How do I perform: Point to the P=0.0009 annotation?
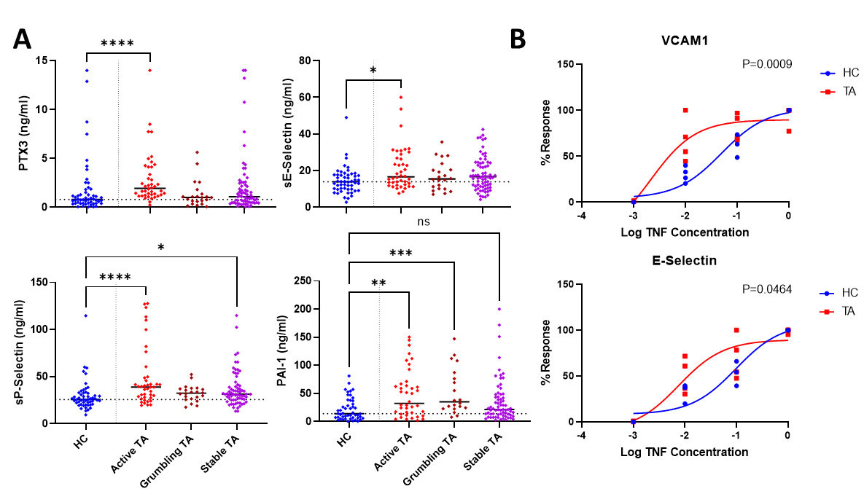[x=764, y=64]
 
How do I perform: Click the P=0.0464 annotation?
[x=764, y=291]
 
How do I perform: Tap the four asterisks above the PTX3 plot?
[x=117, y=44]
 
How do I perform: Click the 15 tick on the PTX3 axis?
[x=63, y=60]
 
